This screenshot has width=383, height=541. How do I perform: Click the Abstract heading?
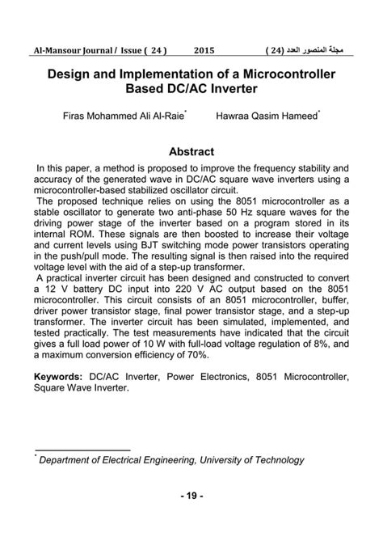[x=191, y=151]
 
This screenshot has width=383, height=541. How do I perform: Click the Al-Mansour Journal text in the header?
[x=72, y=50]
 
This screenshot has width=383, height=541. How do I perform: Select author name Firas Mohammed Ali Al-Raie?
[x=124, y=116]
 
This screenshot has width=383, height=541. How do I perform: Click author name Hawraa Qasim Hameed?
[x=267, y=116]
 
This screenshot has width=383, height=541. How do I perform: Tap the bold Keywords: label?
[x=58, y=378]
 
